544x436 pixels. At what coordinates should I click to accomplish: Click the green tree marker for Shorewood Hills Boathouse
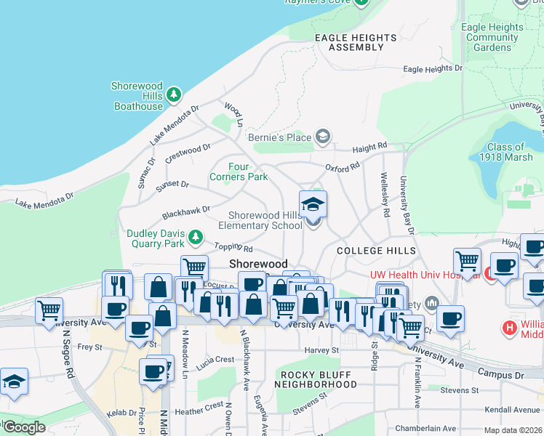(x=173, y=94)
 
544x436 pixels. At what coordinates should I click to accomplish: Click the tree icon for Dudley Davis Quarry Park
(x=195, y=237)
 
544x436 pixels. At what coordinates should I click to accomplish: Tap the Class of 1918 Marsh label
(x=506, y=152)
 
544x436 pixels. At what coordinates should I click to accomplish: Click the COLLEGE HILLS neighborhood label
(x=376, y=250)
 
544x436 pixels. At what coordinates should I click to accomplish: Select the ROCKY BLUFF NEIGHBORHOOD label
(x=315, y=379)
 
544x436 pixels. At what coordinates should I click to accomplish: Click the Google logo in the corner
(x=24, y=427)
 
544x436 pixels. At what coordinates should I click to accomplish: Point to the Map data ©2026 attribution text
(x=512, y=430)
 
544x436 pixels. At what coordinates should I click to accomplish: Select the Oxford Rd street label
(x=343, y=167)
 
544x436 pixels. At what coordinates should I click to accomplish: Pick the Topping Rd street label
(x=232, y=249)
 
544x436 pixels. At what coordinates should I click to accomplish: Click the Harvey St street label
(x=322, y=350)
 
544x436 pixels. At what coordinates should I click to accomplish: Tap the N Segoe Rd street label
(x=69, y=360)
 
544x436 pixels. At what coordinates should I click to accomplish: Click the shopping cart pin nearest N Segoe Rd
(x=49, y=311)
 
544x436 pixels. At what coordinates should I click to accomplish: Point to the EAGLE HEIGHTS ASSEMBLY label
(x=356, y=42)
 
